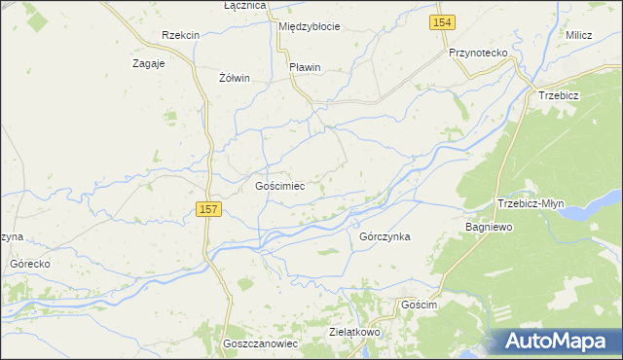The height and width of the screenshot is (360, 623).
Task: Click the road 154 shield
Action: pyautogui.click(x=443, y=22)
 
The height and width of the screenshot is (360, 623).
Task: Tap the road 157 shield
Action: pyautogui.click(x=208, y=209)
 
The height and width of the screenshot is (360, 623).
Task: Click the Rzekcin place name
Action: pyautogui.click(x=181, y=35)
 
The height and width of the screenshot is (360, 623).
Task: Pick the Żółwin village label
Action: pyautogui.click(x=235, y=78)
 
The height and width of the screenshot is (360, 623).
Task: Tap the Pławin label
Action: pyautogui.click(x=305, y=67)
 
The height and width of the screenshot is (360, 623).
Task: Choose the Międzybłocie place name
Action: pyautogui.click(x=309, y=26)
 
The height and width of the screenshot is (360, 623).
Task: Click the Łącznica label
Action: pyautogui.click(x=244, y=6)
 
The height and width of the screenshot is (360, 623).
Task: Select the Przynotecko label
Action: pyautogui.click(x=479, y=54)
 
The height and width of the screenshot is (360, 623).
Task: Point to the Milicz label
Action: pyautogui.click(x=579, y=35)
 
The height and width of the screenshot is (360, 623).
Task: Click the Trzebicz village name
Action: pyautogui.click(x=559, y=95)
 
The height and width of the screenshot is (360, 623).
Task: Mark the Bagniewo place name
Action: pyautogui.click(x=489, y=226)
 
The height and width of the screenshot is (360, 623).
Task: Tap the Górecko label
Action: pyautogui.click(x=29, y=264)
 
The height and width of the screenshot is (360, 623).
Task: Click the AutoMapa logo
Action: pyautogui.click(x=554, y=341)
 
